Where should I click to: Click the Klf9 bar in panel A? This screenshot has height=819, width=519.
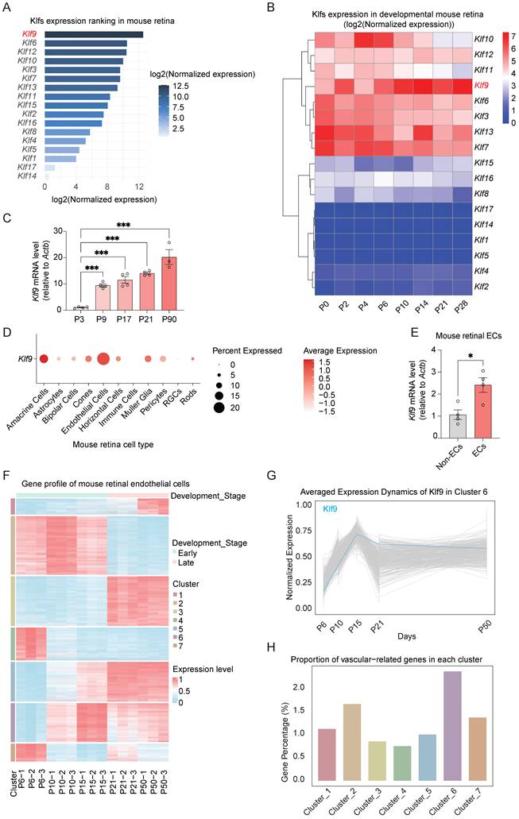tap(94, 34)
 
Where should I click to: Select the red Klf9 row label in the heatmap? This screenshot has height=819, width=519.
tap(482, 85)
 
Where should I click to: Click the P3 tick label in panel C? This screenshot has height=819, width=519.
tap(79, 319)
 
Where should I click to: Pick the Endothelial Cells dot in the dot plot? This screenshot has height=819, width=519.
tap(103, 359)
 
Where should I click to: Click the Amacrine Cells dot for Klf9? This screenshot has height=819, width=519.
tap(44, 359)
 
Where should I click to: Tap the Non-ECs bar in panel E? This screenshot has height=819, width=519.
tap(457, 426)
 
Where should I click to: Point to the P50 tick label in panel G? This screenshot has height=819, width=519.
tap(486, 628)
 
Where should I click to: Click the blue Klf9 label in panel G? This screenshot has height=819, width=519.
tap(330, 508)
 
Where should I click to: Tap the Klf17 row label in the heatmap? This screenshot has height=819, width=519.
tap(483, 209)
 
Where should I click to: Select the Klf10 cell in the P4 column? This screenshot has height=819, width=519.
tap(364, 39)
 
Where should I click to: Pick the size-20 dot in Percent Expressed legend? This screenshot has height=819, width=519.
tap(219, 408)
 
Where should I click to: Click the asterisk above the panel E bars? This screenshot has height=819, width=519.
tap(471, 357)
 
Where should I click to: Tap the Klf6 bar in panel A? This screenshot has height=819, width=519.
tap(86, 44)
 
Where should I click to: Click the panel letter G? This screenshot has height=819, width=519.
tap(271, 476)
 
